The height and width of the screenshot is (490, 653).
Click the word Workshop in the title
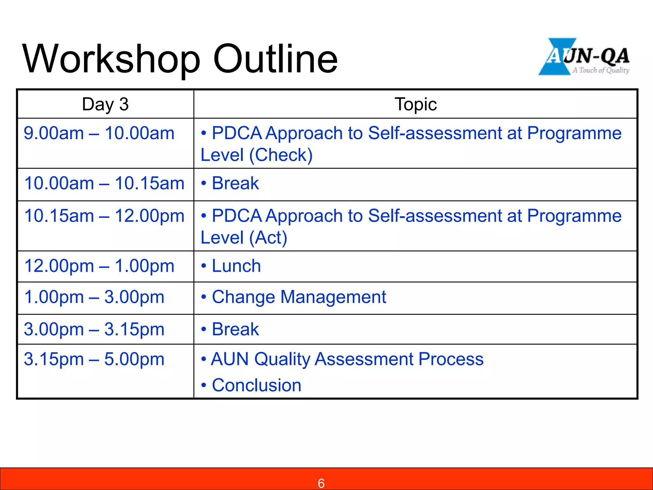click(111, 59)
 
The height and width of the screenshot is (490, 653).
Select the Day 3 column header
click(105, 104)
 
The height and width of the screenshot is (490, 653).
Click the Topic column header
click(415, 104)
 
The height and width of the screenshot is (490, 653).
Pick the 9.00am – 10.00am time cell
click(99, 133)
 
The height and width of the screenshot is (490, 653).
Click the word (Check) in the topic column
click(281, 155)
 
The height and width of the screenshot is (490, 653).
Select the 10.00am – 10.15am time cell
click(104, 183)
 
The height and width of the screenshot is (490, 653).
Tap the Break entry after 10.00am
click(235, 183)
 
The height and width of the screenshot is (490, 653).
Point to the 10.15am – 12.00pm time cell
click(104, 216)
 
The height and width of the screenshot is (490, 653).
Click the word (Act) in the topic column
click(268, 238)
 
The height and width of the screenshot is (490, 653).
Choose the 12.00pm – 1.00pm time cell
click(99, 266)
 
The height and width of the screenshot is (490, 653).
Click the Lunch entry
click(236, 266)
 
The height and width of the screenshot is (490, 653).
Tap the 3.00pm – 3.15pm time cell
click(94, 329)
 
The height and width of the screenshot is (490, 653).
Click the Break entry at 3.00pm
click(235, 329)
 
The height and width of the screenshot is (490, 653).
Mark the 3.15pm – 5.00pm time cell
click(94, 359)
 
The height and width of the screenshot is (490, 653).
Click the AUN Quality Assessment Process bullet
click(347, 359)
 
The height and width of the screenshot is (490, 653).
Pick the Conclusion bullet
click(256, 385)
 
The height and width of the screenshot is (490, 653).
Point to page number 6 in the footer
click(321, 483)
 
